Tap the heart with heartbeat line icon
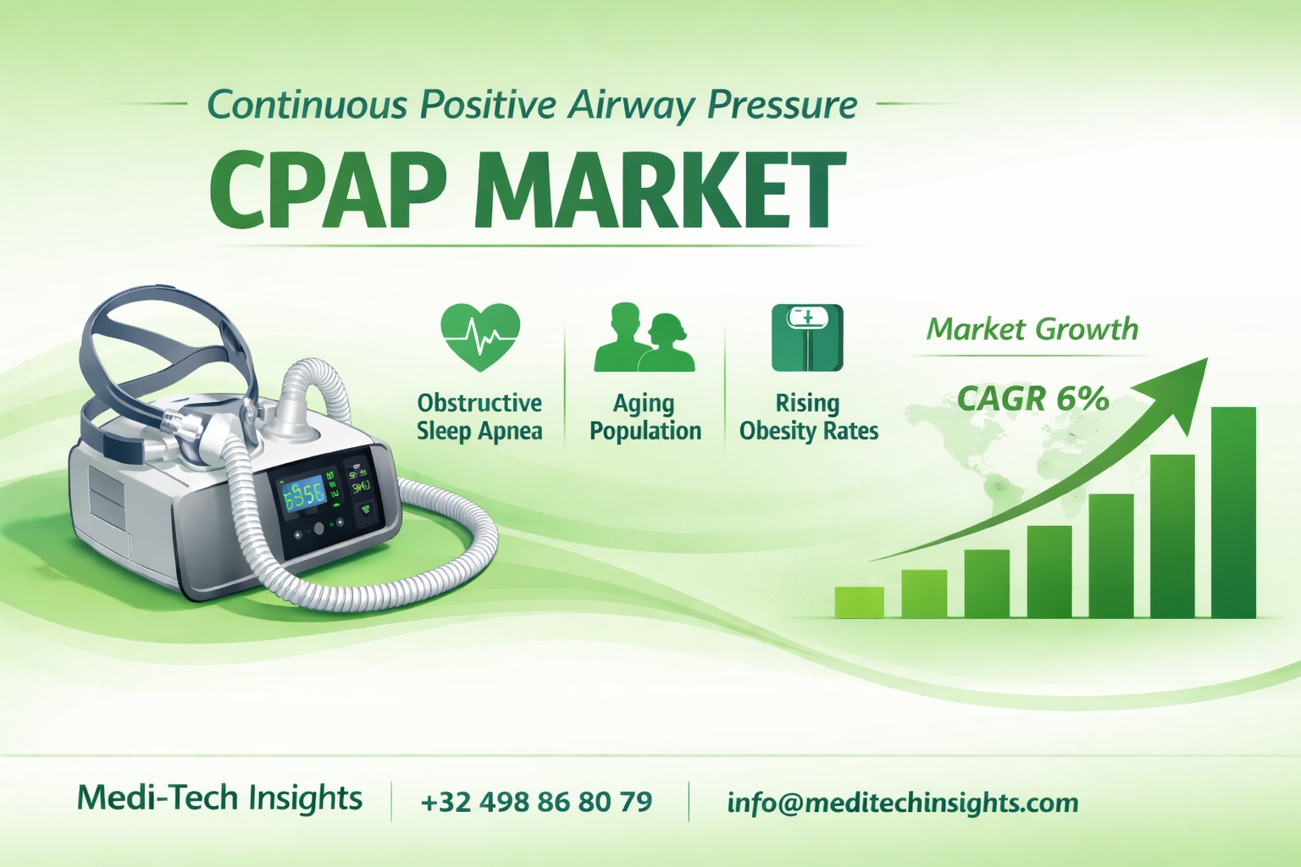(480, 337)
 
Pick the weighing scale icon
(807, 337)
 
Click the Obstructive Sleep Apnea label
(479, 417)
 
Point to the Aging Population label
(645, 417)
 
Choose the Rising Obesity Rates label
(808, 417)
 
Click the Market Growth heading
(1032, 329)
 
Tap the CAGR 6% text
(1032, 398)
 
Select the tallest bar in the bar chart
(1234, 512)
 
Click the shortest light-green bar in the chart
(859, 602)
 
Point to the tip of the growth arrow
(1204, 362)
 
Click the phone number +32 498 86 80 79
(536, 801)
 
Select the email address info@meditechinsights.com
(903, 802)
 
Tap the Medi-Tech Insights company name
(219, 798)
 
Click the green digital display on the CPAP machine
(302, 493)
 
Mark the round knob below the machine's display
(318, 528)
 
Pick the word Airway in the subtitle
(632, 106)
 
